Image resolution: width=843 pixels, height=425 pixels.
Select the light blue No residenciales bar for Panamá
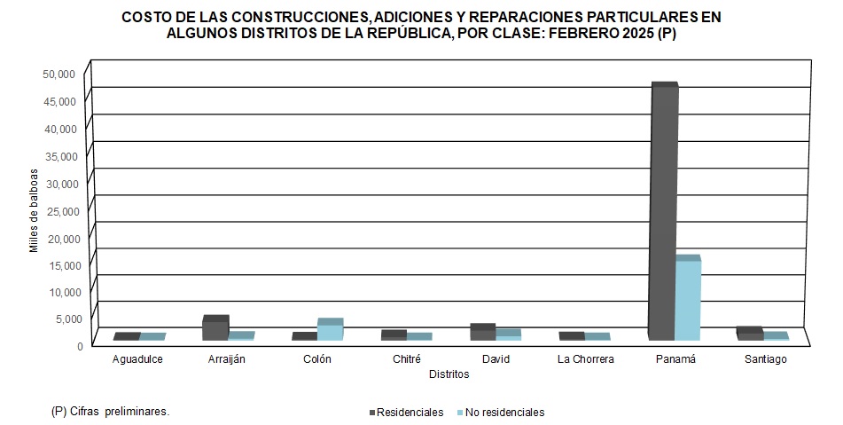tap(687, 300)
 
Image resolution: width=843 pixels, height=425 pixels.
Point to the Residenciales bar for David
tap(481, 334)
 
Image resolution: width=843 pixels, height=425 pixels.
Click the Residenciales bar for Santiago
tap(749, 334)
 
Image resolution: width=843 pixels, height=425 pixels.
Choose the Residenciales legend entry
tap(407, 413)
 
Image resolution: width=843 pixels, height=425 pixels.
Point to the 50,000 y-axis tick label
tap(60, 74)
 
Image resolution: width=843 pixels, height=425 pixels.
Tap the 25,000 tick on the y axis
tap(60, 210)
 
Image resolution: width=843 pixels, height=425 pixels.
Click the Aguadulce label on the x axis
tap(138, 359)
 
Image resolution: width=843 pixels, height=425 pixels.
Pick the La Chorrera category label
tap(585, 359)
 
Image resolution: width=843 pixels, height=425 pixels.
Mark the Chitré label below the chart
tap(406, 359)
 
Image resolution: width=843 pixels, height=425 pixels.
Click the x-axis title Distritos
tap(449, 374)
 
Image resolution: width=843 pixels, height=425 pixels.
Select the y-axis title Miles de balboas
tap(35, 210)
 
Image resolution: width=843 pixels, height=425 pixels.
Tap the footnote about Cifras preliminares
tap(111, 412)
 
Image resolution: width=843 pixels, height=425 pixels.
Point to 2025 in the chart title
tap(637, 34)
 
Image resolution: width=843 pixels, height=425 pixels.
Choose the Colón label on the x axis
tap(316, 359)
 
